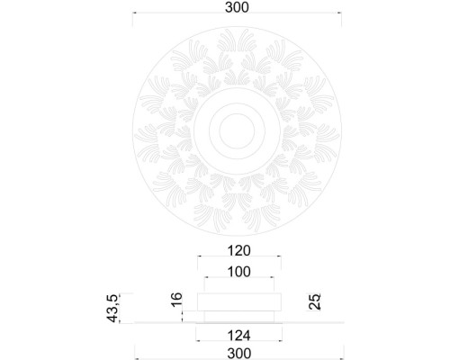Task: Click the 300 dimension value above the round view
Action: point(238,7)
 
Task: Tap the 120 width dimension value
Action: point(238,251)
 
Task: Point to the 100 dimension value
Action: point(238,271)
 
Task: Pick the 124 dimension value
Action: point(238,334)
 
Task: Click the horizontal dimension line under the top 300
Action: point(238,14)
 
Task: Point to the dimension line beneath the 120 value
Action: point(238,259)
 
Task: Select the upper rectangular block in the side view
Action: point(238,301)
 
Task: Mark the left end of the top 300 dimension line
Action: point(134,14)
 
